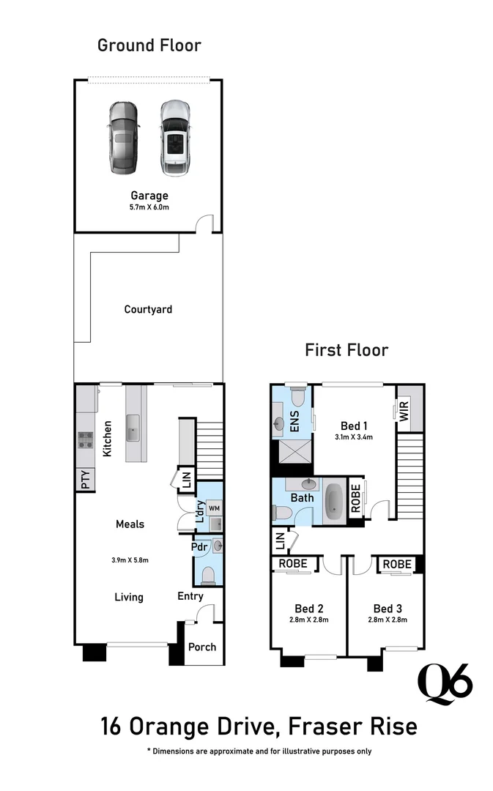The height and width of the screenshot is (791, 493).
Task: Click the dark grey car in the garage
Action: coord(123,137)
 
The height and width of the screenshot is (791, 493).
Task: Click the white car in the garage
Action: coord(174,138)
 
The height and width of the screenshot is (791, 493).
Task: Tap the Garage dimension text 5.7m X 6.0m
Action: coord(149,207)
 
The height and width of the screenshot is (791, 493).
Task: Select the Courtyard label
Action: coord(148,309)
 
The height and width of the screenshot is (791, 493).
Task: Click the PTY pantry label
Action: coord(85,480)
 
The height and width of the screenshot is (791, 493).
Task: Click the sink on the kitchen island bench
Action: coord(133,428)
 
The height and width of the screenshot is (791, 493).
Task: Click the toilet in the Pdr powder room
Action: coord(209,573)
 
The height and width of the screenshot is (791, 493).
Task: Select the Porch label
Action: coord(202,647)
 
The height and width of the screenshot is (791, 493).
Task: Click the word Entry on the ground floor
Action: coord(190,596)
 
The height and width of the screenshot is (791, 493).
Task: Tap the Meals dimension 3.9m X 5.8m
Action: coord(129,560)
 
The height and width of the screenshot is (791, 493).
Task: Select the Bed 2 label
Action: coord(309,609)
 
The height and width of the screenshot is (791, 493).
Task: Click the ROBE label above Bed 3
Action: coord(397,564)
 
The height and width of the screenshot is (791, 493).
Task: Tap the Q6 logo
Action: coord(445,683)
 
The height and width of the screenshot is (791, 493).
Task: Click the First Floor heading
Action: coord(346,350)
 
